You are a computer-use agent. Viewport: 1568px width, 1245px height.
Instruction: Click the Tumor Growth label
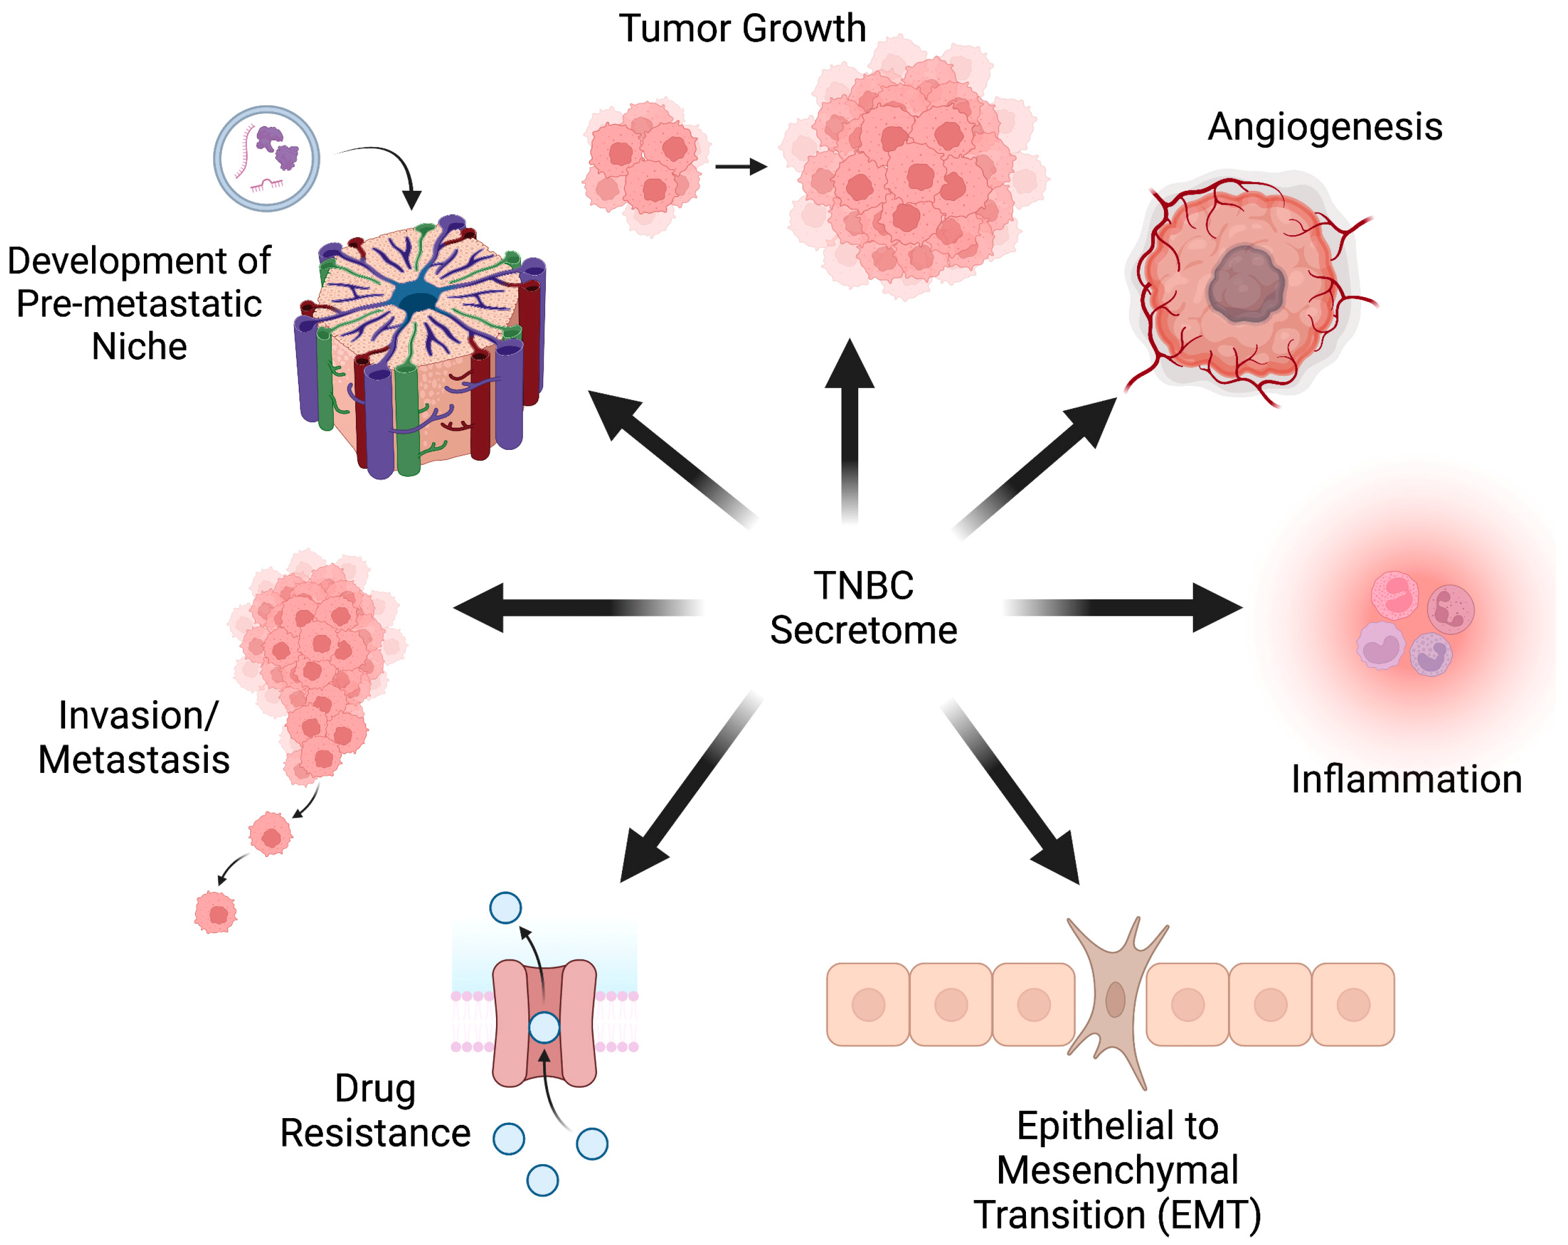742,29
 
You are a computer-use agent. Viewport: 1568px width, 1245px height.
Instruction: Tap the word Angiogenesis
1324,127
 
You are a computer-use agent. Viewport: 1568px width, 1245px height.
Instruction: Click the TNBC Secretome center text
863,607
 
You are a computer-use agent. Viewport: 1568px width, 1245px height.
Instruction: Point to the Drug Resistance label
375,1111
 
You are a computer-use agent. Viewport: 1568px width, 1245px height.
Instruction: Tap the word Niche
139,346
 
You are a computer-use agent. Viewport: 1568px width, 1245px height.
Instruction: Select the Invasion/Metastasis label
134,737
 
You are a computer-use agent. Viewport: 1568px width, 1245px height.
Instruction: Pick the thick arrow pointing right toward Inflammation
1127,607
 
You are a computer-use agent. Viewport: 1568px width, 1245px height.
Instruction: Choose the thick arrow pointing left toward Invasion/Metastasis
574,607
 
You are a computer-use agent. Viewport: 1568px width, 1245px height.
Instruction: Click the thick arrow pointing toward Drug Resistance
684,792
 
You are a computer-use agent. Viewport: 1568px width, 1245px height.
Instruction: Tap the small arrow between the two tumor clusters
740,167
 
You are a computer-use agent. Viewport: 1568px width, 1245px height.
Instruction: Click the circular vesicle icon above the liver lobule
266,159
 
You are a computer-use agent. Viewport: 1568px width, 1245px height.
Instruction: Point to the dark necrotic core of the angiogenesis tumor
1246,283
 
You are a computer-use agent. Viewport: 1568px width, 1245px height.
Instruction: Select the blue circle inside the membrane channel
544,1027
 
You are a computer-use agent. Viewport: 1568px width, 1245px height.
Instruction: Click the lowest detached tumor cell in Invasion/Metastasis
216,912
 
